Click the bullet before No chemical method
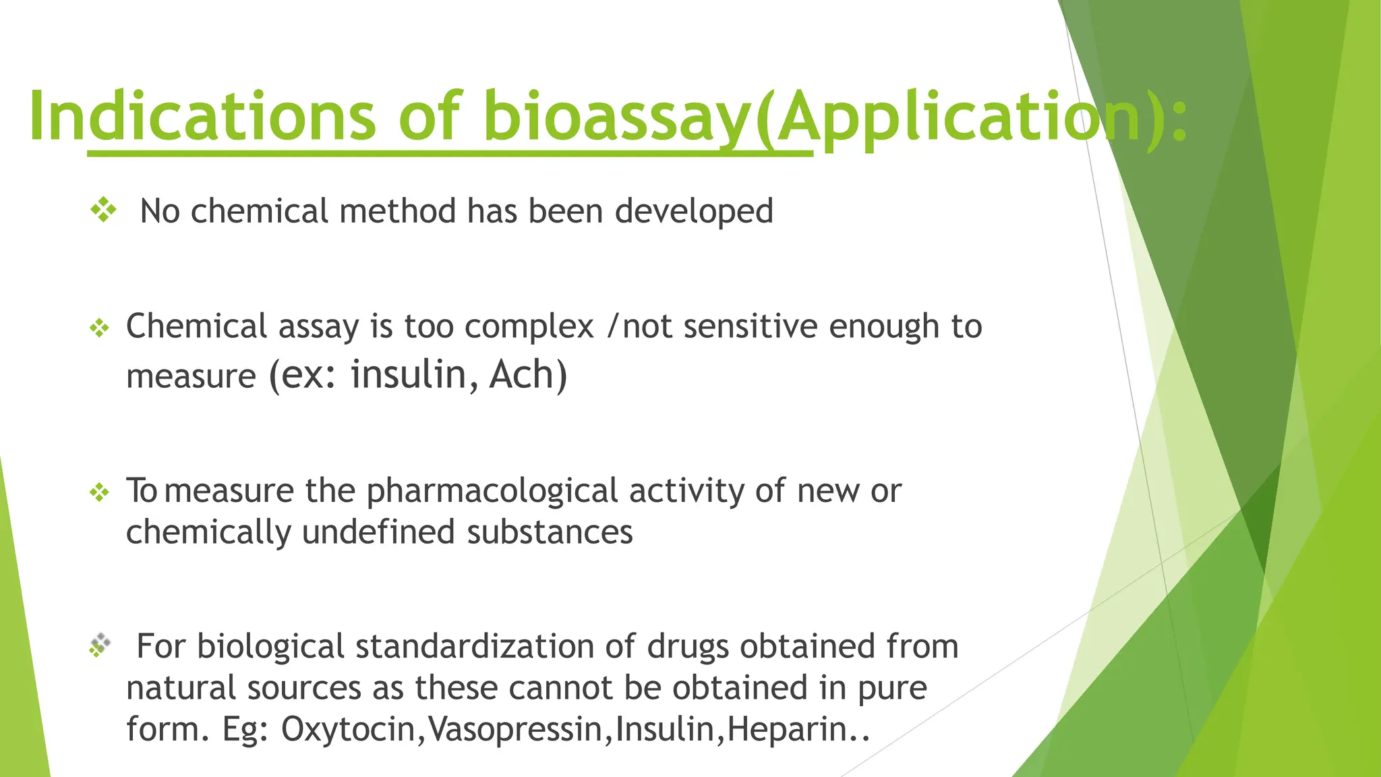(103, 210)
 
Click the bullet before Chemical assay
(99, 328)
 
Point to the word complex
(529, 327)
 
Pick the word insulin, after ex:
(409, 375)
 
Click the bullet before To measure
(99, 492)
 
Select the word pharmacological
(492, 491)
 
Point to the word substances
(550, 532)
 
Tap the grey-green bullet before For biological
(99, 645)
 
